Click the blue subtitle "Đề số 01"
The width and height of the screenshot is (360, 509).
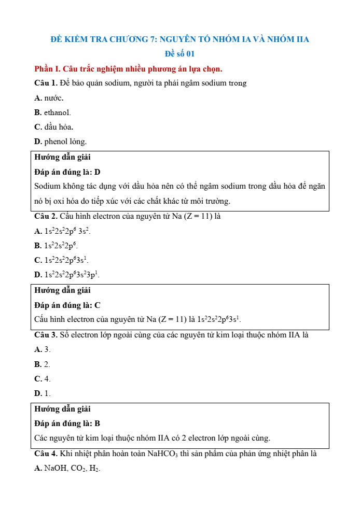click(x=179, y=53)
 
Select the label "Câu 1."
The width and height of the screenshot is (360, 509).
click(x=46, y=83)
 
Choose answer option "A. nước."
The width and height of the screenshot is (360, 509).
click(x=49, y=97)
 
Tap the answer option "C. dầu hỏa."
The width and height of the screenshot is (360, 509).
click(x=53, y=126)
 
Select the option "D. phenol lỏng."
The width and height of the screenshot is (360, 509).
click(x=60, y=141)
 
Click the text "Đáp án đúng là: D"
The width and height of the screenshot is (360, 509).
click(x=67, y=172)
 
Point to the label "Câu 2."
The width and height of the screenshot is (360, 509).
click(x=46, y=216)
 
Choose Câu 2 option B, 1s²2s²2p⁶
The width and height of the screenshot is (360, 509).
click(x=56, y=246)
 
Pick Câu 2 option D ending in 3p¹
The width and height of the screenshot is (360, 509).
click(x=67, y=275)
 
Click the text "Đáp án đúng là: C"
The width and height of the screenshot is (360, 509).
click(x=67, y=305)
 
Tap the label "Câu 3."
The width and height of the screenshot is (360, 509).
click(x=46, y=335)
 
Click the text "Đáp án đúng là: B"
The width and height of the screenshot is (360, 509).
click(x=67, y=423)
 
